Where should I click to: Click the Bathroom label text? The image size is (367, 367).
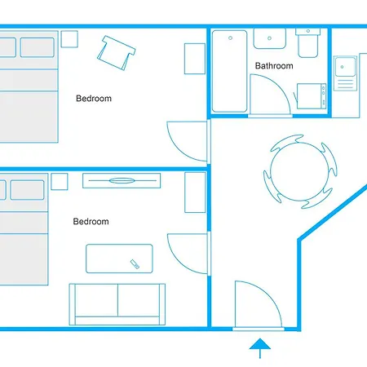click(273, 66)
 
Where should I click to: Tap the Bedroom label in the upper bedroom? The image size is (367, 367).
click(94, 99)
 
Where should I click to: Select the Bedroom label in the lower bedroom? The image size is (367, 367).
click(91, 221)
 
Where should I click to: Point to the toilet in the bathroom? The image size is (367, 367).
click(307, 44)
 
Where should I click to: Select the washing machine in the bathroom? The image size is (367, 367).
click(311, 96)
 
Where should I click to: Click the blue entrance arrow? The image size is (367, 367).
click(259, 348)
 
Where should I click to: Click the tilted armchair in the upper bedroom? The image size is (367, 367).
click(114, 51)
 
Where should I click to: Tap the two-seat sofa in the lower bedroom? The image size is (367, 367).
click(117, 303)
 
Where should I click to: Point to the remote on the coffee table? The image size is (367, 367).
click(135, 263)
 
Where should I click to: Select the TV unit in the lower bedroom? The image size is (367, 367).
click(119, 181)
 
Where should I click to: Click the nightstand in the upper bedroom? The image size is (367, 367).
click(69, 38)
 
